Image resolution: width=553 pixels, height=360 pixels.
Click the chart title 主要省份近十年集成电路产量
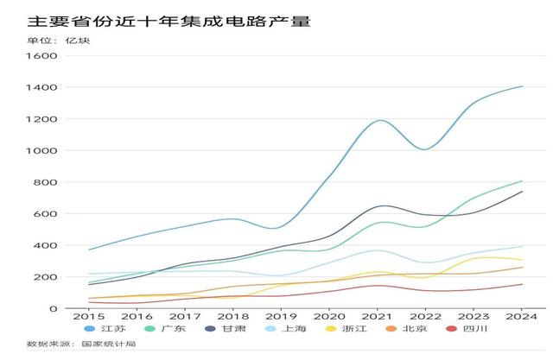coord(168,21)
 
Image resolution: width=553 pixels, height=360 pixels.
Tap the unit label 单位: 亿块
coord(58,41)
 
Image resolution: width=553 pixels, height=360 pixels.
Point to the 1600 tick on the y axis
coord(41,56)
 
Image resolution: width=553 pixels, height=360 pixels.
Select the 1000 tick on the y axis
coord(41,151)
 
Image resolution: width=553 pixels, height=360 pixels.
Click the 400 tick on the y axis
coord(45,246)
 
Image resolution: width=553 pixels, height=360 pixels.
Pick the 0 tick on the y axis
coord(53,309)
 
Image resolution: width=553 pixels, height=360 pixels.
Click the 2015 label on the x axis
coord(89,316)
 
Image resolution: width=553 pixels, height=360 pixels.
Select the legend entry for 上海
coord(286,329)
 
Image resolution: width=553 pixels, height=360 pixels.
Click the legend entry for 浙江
coord(346,329)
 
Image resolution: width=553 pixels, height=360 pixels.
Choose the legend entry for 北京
coord(406,329)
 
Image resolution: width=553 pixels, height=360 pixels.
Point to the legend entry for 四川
coord(467,329)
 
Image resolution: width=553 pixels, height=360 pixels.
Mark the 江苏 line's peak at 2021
coord(380,120)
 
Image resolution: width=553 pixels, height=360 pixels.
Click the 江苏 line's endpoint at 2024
coord(522,86)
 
